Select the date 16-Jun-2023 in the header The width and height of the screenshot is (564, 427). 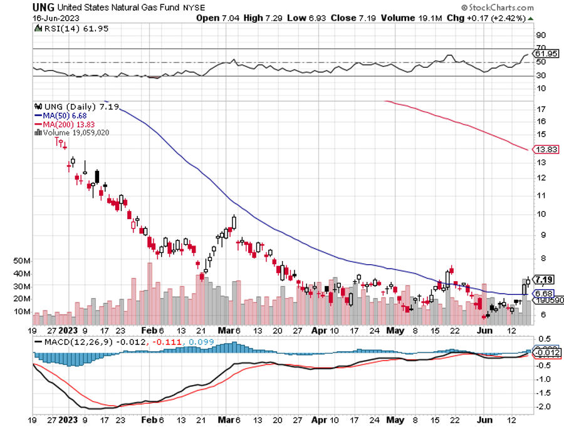(x=53, y=18)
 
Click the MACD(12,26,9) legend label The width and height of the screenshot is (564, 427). (x=68, y=342)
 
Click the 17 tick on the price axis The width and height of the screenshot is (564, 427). (x=539, y=109)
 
